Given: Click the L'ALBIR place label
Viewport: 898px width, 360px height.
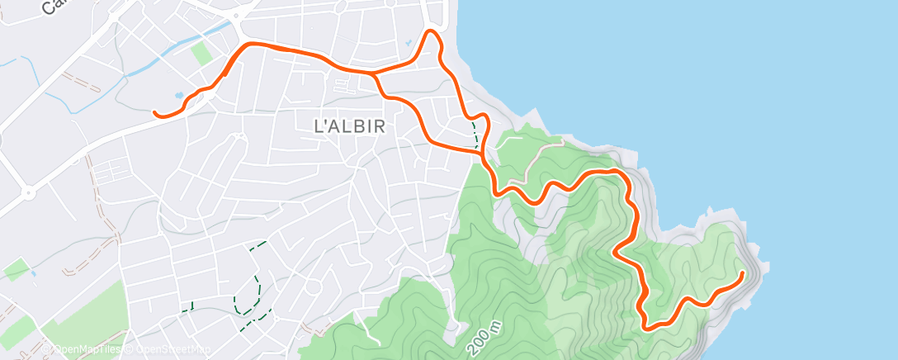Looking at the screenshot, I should pyautogui.click(x=351, y=126).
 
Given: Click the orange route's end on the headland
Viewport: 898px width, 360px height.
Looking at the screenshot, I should pyautogui.click(x=743, y=272).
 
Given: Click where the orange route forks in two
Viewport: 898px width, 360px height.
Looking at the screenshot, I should pyautogui.click(x=373, y=74).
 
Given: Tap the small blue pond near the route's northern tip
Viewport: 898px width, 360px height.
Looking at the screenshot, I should pyautogui.click(x=408, y=43).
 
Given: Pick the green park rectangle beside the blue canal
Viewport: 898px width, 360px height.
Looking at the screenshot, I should pyautogui.click(x=201, y=54).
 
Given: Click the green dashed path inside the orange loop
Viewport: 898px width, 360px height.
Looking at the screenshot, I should pyautogui.click(x=475, y=132).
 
